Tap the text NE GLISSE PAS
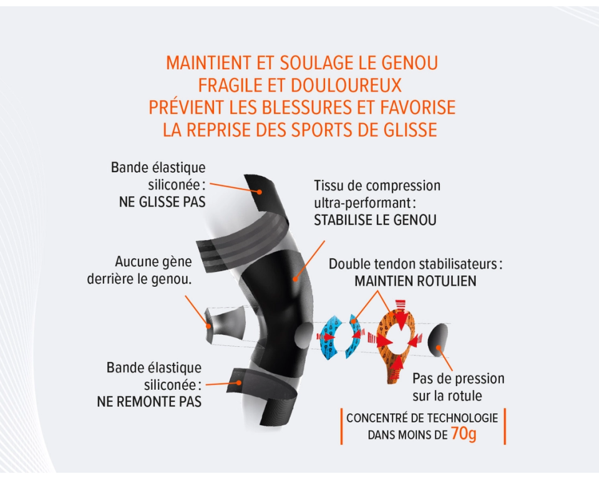click(162, 202)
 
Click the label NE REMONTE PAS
click(149, 402)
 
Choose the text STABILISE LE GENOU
click(375, 220)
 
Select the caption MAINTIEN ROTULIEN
click(415, 281)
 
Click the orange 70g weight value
click(463, 433)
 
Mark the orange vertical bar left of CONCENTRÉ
click(341, 427)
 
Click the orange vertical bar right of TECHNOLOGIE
click(504, 427)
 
